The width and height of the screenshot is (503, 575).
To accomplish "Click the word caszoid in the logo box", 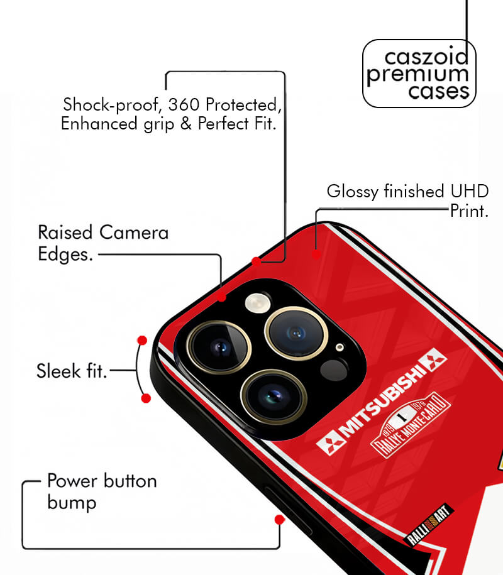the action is coord(426,57).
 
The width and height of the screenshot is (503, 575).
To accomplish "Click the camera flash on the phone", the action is coord(257,304).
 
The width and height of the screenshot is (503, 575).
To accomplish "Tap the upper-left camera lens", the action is coord(219,348).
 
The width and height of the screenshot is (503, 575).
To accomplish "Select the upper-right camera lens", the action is coord(296,333).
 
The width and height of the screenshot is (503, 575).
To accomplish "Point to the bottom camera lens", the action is coord(274,397).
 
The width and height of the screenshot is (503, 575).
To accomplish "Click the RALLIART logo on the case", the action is coord(429,525).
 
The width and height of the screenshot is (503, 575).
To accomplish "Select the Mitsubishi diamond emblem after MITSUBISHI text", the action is coord(433,359).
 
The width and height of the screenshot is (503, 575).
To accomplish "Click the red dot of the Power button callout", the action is coord(280,520).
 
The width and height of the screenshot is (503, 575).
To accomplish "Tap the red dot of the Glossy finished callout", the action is coord(316,254).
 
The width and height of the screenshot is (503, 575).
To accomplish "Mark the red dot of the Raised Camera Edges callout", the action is coord(221,297).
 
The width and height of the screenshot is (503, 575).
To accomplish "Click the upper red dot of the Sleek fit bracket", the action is coord(142,341).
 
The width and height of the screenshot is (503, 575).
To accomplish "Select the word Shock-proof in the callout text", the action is coord(112,105).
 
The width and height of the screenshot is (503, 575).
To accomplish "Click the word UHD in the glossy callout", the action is coord(470,192).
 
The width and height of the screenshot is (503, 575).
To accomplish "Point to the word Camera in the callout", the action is coord(134,233).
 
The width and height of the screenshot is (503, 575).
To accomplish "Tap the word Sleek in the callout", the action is coord(58,371).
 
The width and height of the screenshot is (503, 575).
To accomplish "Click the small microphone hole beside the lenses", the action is coord(340,348).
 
